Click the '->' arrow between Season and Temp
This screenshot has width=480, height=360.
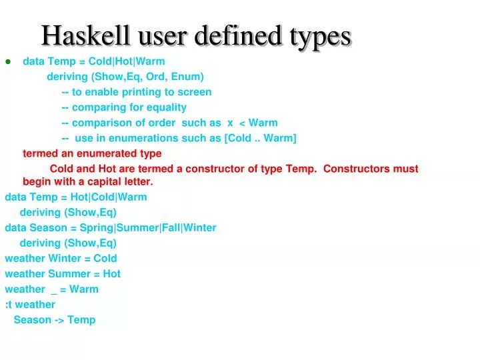point(59,319)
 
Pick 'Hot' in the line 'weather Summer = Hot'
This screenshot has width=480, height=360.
point(112,273)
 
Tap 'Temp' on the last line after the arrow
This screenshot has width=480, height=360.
point(81,319)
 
